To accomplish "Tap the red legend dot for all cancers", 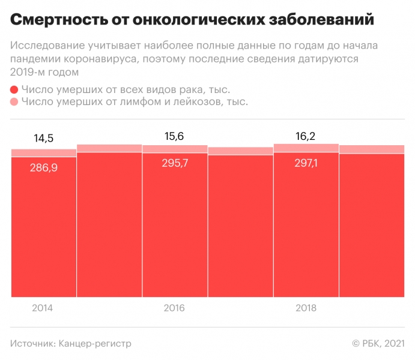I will pyautogui.click(x=14, y=89).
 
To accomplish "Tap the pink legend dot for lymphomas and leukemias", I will pyautogui.click(x=14, y=102).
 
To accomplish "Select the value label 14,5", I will pyautogui.click(x=43, y=139).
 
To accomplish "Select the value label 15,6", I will pyautogui.click(x=174, y=137).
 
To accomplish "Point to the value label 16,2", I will pyautogui.click(x=305, y=136).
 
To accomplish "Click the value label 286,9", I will pyautogui.click(x=43, y=167).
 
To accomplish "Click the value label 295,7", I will pyautogui.click(x=174, y=163).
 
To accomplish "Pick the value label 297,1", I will pyautogui.click(x=305, y=163).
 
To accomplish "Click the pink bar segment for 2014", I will pyautogui.click(x=44, y=153).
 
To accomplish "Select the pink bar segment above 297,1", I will pyautogui.click(x=306, y=148).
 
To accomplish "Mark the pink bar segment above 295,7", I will pyautogui.click(x=175, y=149).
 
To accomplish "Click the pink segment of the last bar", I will pyautogui.click(x=371, y=149).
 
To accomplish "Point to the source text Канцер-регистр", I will pyautogui.click(x=95, y=344).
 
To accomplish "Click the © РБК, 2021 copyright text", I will pyautogui.click(x=378, y=344).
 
